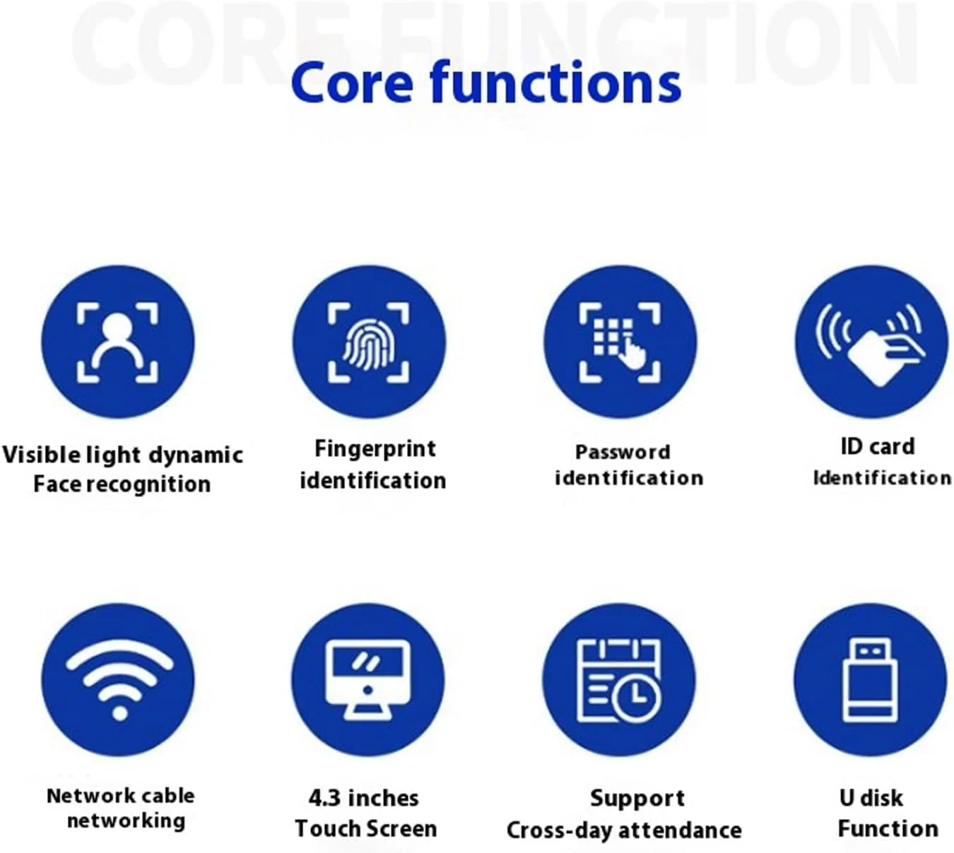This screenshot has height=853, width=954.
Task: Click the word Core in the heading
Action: pos(353,83)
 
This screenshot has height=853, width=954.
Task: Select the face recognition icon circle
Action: pos(118,342)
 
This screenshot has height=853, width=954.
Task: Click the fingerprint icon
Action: pos(368,343)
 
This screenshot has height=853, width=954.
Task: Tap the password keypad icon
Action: pos(620,343)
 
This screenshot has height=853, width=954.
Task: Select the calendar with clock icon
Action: pos(619,680)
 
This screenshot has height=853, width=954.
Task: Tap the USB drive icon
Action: pos(870,680)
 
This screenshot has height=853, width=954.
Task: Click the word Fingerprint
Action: pos(375,449)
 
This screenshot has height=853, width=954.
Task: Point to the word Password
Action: pos(623,452)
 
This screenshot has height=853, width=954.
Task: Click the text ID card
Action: pos(878,446)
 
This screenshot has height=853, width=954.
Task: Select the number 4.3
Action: pos(324,798)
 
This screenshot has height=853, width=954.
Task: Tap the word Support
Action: pos(637,799)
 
